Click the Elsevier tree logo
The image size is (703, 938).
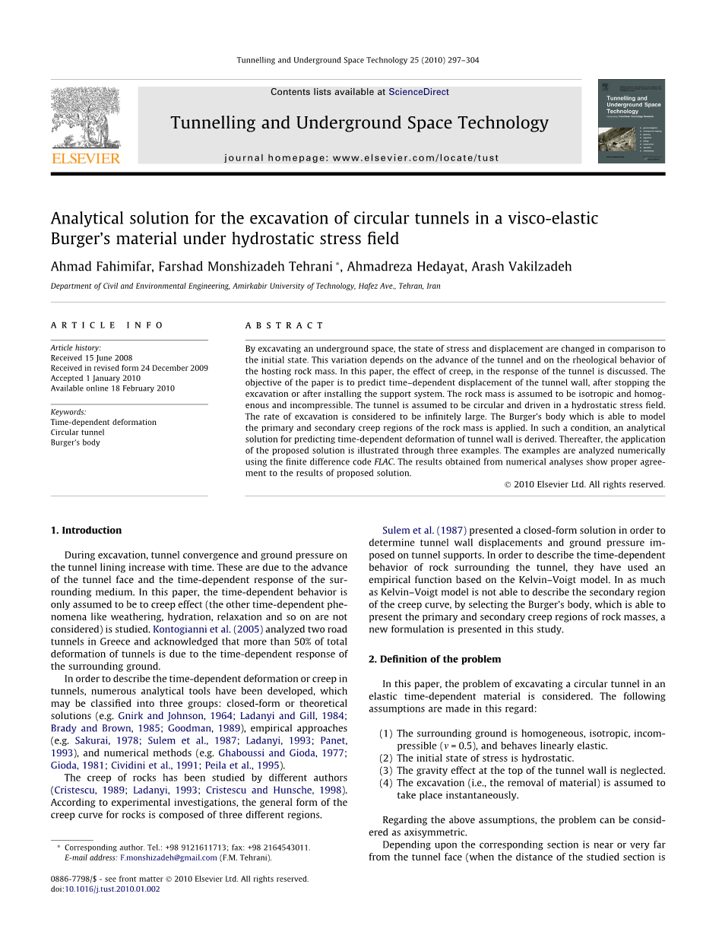point(85,119)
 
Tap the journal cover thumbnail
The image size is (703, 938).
point(631,121)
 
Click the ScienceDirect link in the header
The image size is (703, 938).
point(418,92)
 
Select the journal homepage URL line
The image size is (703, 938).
point(362,158)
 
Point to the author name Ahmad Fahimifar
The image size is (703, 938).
point(97,266)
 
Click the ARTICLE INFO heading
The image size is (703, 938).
point(107,325)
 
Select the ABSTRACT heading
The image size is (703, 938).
point(284,325)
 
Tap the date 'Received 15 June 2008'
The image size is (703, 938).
point(91,358)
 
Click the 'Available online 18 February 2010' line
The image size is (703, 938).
point(112,388)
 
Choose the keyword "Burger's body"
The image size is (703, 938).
point(75,442)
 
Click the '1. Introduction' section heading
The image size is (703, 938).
point(86,531)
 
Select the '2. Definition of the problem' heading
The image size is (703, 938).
point(435,659)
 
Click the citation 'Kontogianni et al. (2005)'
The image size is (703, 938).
point(208,629)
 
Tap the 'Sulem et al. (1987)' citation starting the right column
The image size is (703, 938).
point(424,531)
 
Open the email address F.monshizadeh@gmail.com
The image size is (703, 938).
point(169,857)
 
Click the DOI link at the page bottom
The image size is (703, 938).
point(112,889)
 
